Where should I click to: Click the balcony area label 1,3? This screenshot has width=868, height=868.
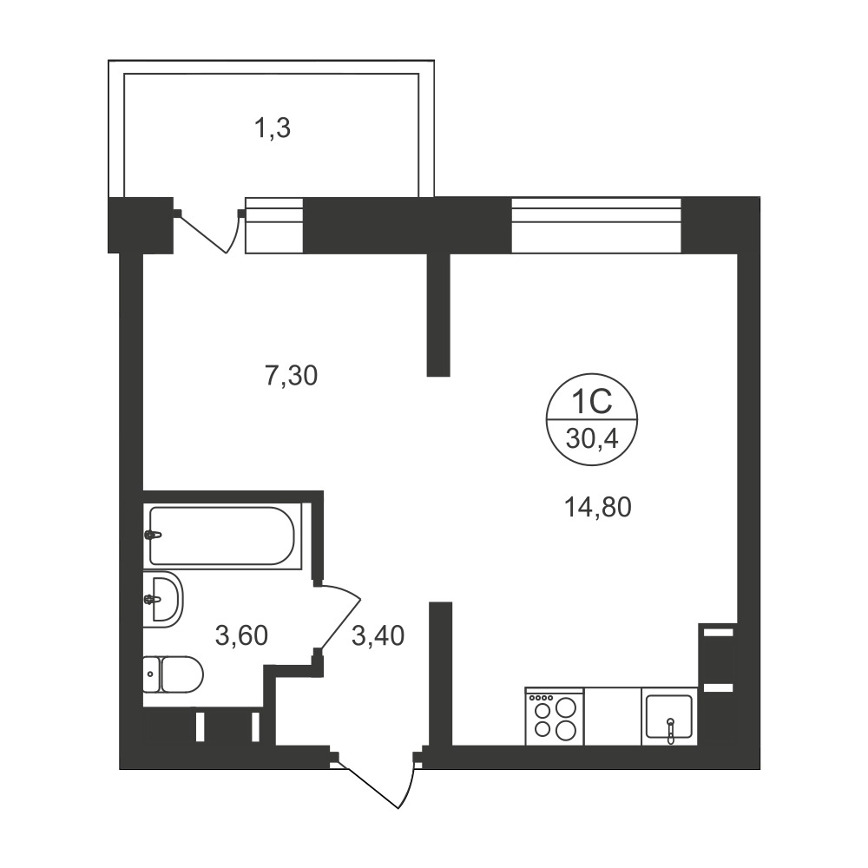272,129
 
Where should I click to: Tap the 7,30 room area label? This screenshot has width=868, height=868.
291,376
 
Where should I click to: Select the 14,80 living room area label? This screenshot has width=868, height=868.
598,507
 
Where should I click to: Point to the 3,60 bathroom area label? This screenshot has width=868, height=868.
242,635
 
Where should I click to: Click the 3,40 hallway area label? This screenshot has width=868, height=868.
378,635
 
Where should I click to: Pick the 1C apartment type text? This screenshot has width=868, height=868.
592,402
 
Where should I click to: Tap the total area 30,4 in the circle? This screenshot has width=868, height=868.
592,440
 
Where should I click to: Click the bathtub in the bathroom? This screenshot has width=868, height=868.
222,536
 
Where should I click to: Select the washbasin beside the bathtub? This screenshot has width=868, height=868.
163,600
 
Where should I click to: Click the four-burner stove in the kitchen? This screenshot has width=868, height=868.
554,716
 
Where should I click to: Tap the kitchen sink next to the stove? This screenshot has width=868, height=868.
669,716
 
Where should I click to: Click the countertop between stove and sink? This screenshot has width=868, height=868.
613,716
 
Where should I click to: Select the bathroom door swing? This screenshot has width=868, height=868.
339,619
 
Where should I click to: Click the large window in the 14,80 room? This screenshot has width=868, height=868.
596,225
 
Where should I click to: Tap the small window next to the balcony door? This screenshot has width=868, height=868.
274,226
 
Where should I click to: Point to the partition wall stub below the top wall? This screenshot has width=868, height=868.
438,314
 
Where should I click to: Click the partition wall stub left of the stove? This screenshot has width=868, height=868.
441,674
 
